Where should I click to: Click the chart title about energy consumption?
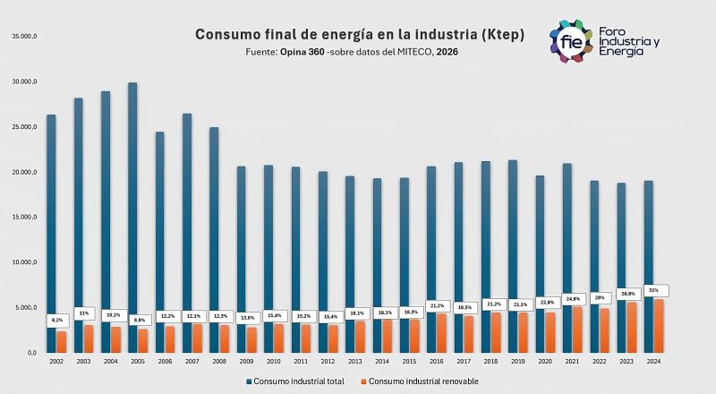(361, 35)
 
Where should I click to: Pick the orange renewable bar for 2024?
(660, 325)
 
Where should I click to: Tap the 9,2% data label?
(57, 320)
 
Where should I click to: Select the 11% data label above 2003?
(84, 313)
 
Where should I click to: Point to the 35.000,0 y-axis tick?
(23, 36)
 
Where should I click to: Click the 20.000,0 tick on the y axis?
(23, 172)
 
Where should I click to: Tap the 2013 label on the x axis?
(354, 361)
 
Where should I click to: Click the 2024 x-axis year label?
(653, 361)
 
